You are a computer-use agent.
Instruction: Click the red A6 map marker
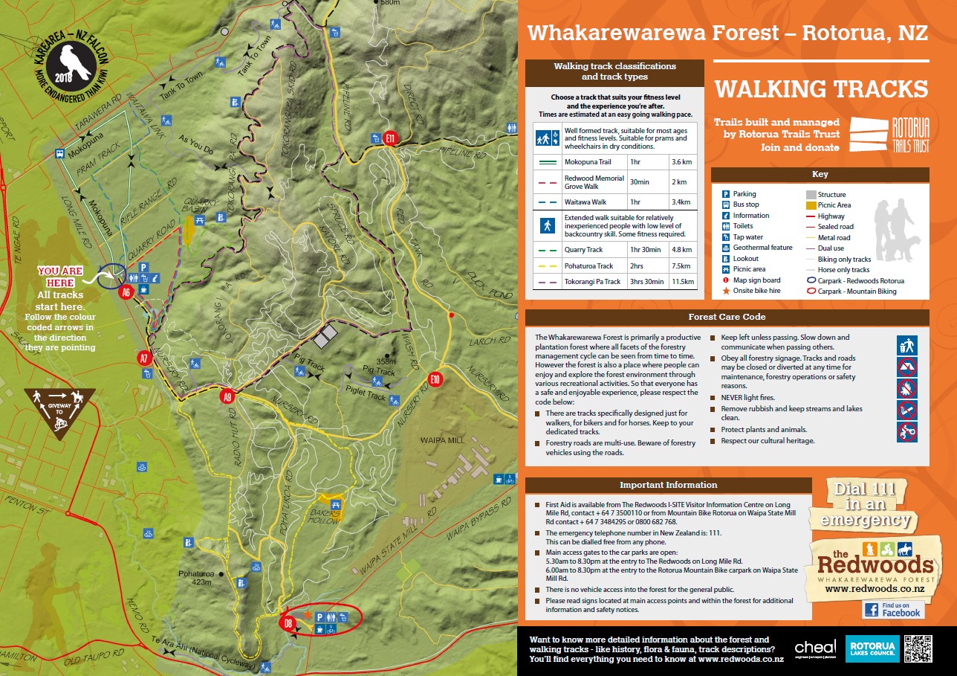click(126, 292)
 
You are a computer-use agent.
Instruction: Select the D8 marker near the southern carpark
click(290, 623)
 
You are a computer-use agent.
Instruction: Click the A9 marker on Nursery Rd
click(227, 397)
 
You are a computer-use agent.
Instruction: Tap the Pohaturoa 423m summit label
click(195, 579)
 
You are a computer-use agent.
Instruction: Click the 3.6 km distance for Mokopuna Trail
click(681, 161)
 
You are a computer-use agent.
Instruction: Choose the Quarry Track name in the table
click(583, 250)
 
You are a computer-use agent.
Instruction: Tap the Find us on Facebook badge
click(893, 610)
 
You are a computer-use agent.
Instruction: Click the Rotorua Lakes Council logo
click(875, 649)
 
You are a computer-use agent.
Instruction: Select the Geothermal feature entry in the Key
click(762, 248)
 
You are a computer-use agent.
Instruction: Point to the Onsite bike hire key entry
click(756, 291)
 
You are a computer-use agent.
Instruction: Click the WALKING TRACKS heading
click(821, 89)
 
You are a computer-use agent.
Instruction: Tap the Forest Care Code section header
click(727, 317)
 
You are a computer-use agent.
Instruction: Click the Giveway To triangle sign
click(59, 410)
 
